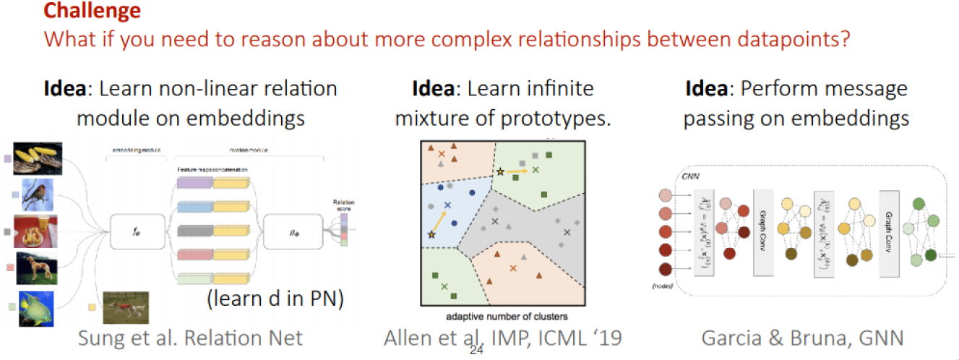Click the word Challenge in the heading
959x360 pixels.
[93, 11]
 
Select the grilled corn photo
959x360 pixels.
[38, 158]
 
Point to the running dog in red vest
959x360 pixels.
[125, 307]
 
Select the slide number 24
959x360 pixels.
[476, 351]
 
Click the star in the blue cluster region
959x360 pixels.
[432, 235]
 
